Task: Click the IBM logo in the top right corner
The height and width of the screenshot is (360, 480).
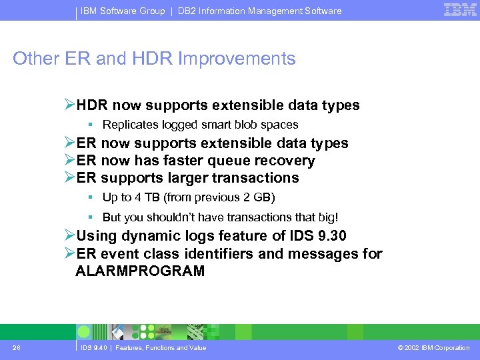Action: (x=460, y=9)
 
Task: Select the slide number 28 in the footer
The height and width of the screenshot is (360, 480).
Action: (x=17, y=347)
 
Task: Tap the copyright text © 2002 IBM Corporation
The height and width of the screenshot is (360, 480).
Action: (x=434, y=348)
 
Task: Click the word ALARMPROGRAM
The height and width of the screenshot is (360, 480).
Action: (x=140, y=271)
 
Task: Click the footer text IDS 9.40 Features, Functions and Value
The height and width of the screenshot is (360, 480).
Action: (x=143, y=348)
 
